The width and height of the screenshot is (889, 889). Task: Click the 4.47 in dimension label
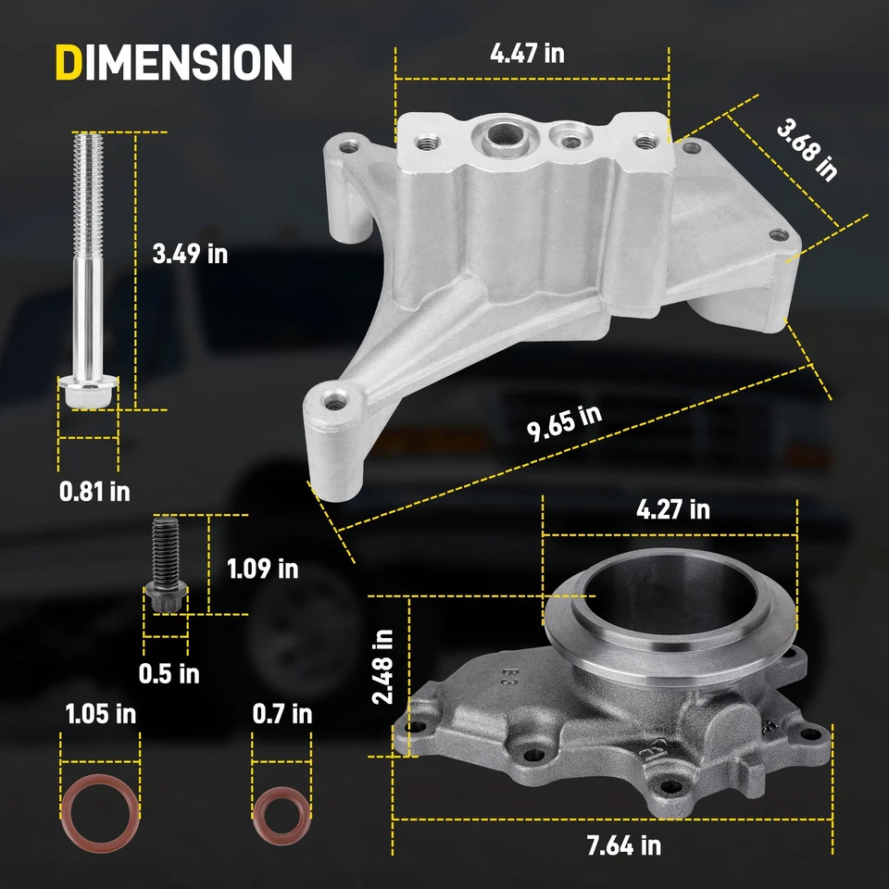(527, 53)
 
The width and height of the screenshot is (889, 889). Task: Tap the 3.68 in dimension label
(806, 152)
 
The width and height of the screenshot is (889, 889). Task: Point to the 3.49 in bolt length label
(190, 253)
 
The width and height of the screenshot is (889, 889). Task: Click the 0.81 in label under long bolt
(94, 491)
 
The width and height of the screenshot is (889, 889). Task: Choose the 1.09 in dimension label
(263, 568)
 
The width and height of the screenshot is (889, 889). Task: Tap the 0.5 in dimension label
(169, 673)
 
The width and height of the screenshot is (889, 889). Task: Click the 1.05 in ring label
(100, 714)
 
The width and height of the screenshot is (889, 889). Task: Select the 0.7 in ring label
(282, 714)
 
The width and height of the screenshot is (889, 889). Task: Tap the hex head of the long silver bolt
(88, 394)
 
